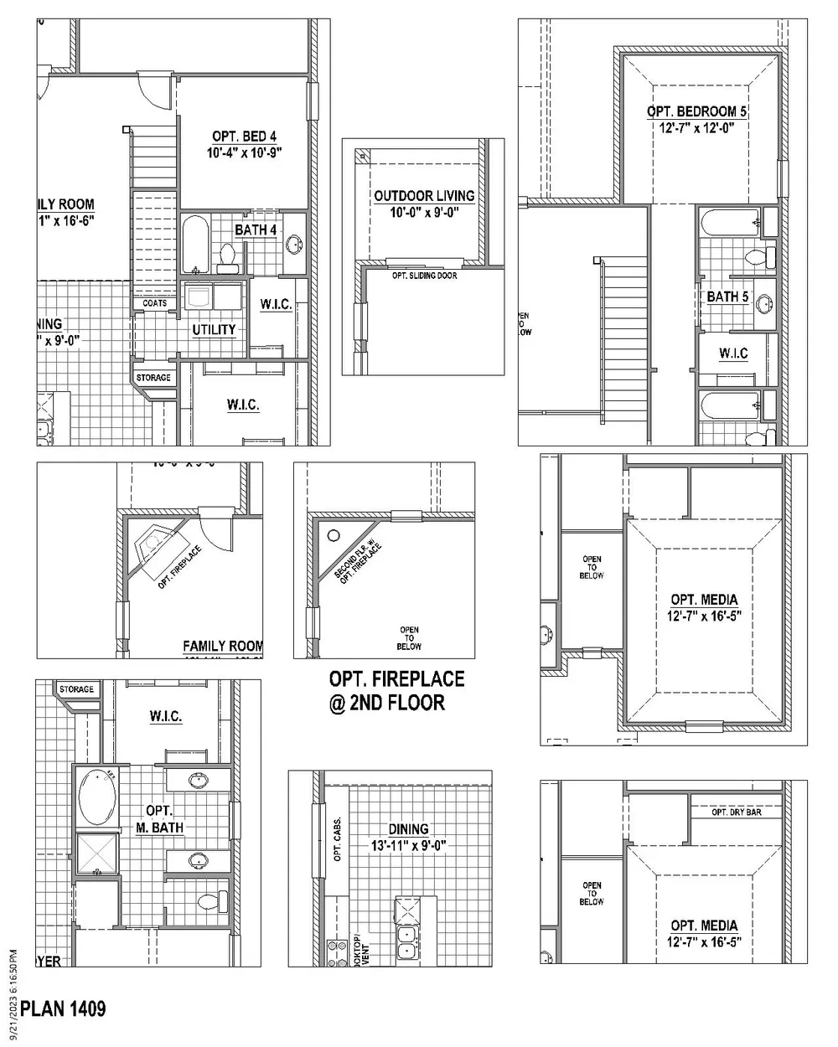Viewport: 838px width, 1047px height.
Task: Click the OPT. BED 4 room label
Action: [x=244, y=137]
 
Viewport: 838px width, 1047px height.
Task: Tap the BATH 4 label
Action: [x=256, y=230]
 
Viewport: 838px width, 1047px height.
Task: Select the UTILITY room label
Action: [x=214, y=330]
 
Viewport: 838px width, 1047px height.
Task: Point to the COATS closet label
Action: [x=154, y=303]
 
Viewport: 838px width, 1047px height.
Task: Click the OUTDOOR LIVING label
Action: [x=424, y=196]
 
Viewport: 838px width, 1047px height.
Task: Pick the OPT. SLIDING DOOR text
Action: [x=424, y=276]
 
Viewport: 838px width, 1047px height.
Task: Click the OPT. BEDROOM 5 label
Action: [x=697, y=111]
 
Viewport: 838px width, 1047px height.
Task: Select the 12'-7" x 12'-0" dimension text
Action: [x=697, y=128]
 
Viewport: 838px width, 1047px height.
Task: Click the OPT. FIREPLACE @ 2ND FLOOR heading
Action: [x=396, y=690]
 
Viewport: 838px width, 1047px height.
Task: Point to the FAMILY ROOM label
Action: [x=223, y=646]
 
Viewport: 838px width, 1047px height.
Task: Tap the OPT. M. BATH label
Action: [x=159, y=819]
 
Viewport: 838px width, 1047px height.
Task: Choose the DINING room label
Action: [x=408, y=829]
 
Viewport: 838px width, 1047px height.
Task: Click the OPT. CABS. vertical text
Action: [x=337, y=839]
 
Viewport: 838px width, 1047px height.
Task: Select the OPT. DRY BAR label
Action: [x=736, y=812]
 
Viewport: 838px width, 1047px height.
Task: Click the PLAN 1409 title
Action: [x=64, y=1008]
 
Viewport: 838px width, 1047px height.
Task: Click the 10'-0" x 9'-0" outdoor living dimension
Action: [x=424, y=214]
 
